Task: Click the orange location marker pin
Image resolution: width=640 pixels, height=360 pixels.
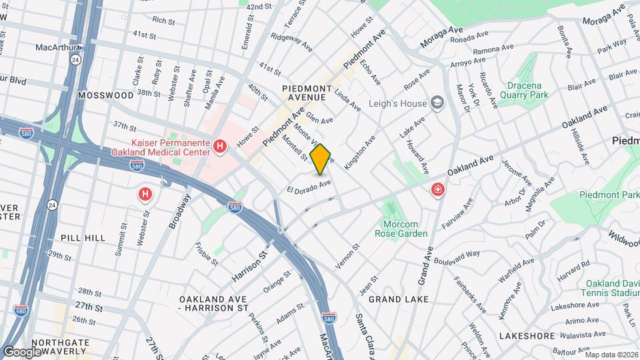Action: [321, 159]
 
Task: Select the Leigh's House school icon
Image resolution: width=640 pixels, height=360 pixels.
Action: [437, 103]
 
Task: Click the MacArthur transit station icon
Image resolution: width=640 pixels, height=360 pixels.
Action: [80, 48]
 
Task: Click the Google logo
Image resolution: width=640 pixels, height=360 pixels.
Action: [22, 351]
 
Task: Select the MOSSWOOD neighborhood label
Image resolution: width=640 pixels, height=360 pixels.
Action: [105, 95]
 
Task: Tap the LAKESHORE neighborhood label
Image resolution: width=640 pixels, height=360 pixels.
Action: [527, 335]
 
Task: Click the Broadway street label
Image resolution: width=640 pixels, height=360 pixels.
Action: [179, 212]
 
